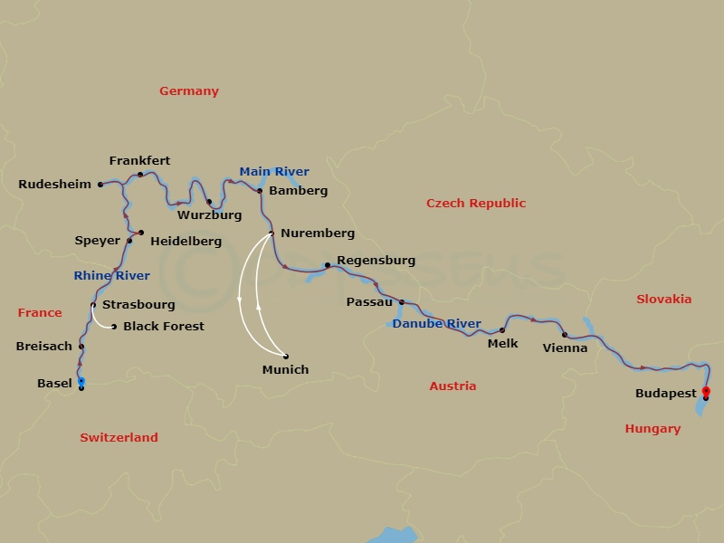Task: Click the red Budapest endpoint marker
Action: click(706, 391)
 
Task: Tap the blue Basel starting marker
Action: click(81, 381)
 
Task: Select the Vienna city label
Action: click(565, 348)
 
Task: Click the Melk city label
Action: click(502, 343)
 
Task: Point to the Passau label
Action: click(369, 302)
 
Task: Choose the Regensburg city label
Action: click(376, 261)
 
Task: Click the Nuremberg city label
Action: click(317, 233)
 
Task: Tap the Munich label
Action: click(285, 369)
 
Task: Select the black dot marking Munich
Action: click(286, 356)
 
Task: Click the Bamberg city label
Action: click(298, 191)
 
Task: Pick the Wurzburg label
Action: click(209, 215)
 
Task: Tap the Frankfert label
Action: click(139, 161)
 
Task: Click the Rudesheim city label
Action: click(54, 185)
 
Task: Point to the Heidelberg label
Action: click(186, 242)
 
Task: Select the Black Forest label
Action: click(164, 326)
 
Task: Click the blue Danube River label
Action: click(437, 323)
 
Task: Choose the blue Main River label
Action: click(274, 172)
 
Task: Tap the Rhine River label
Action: click(112, 275)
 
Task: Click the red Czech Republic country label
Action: click(476, 204)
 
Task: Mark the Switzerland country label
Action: click(119, 437)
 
